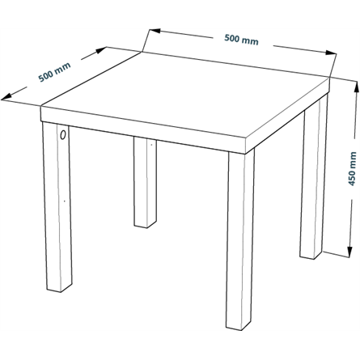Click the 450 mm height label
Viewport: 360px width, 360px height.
click(x=353, y=169)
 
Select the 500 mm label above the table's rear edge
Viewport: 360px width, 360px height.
click(x=241, y=40)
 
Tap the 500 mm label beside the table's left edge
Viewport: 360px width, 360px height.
click(x=54, y=72)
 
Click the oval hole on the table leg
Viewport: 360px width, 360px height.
click(x=63, y=134)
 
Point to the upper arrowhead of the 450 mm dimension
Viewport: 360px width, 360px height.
click(x=356, y=87)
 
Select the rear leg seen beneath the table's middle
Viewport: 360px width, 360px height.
click(x=145, y=182)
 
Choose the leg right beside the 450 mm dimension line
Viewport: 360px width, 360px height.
click(x=313, y=178)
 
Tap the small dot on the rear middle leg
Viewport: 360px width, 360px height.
click(x=151, y=145)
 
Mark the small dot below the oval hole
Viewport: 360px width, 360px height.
click(x=64, y=201)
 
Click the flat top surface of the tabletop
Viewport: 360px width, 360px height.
click(x=184, y=95)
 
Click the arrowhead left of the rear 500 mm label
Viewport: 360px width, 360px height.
click(x=155, y=31)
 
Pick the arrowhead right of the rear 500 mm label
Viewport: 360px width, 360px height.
click(x=331, y=53)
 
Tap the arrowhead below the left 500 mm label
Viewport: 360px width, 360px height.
click(x=6, y=97)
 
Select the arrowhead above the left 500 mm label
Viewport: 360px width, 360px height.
click(x=100, y=50)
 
